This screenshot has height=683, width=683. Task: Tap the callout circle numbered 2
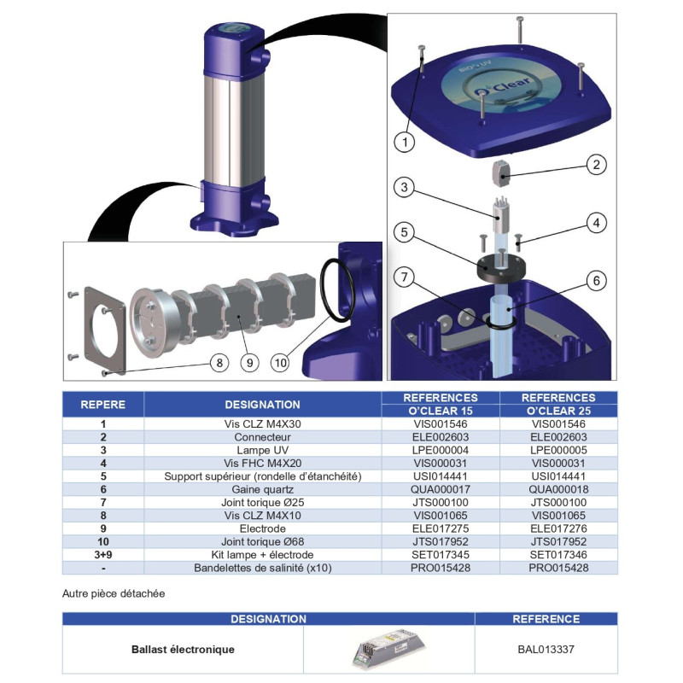point(595,165)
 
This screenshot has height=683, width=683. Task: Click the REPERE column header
point(103,404)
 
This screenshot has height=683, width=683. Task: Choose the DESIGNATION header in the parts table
point(262,404)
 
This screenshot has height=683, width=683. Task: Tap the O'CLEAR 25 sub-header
point(558,411)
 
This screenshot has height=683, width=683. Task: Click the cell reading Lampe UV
point(262,449)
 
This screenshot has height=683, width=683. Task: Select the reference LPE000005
point(558,449)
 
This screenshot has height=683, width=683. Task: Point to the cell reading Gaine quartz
point(262,489)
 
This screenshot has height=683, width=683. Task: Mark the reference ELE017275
point(439,528)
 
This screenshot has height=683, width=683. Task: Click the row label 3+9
point(103,555)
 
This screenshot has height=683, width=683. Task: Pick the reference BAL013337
point(546,650)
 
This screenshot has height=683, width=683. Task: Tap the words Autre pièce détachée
point(114,593)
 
